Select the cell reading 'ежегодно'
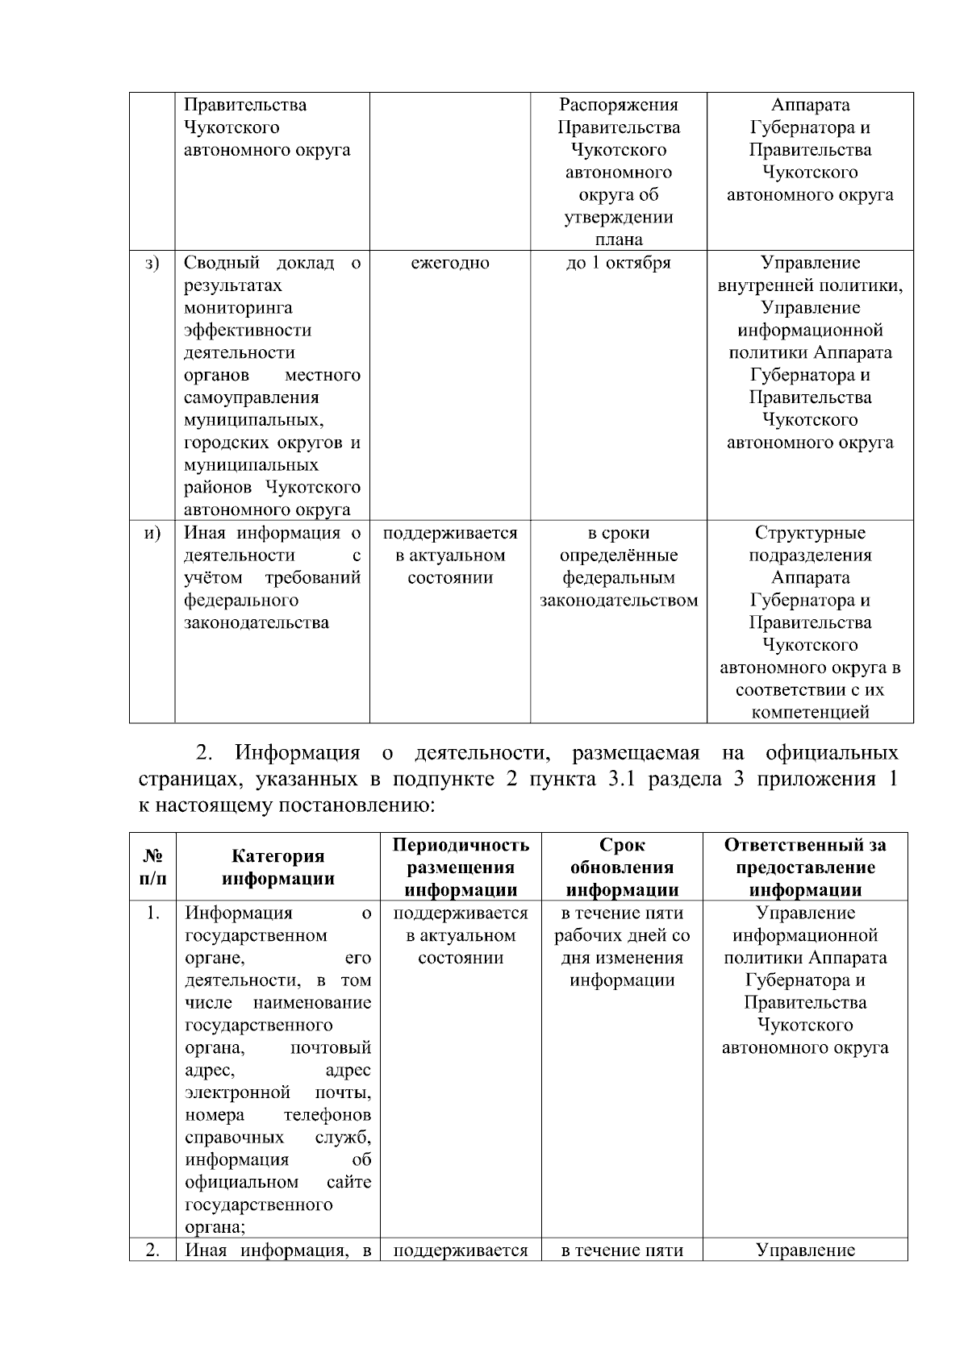(x=450, y=264)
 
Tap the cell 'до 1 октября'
(x=618, y=264)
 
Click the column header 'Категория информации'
(x=278, y=868)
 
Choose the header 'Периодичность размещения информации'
(x=461, y=868)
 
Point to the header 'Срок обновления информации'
(x=622, y=868)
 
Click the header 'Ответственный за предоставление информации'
(x=805, y=868)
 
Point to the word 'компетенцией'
(x=810, y=713)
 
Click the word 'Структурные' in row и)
(x=810, y=533)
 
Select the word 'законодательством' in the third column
(x=619, y=601)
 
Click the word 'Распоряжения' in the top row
(x=619, y=106)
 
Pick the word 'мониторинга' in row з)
(x=238, y=308)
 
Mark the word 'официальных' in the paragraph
(x=832, y=754)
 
